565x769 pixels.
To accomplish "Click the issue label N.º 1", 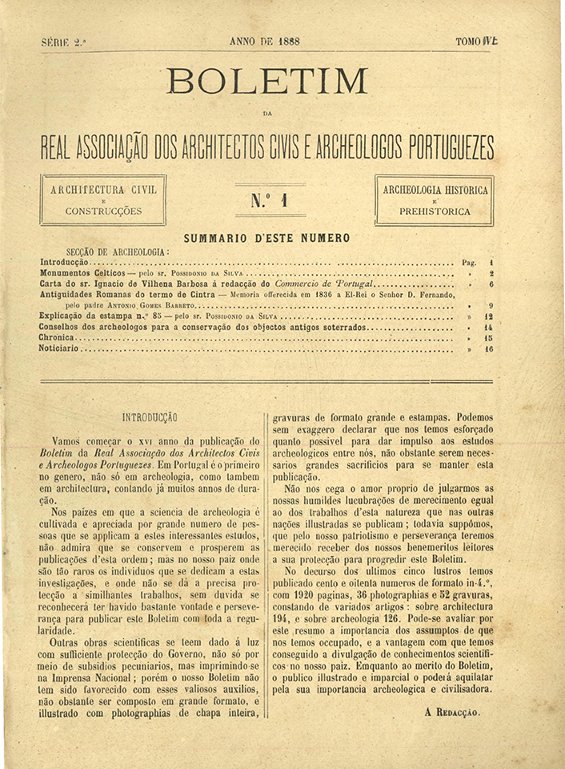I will (x=268, y=200).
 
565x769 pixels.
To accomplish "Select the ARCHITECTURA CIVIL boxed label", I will (x=103, y=199).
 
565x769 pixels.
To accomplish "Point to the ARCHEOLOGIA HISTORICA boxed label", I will (x=435, y=199).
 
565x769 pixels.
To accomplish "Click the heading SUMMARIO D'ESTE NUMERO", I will (x=266, y=238).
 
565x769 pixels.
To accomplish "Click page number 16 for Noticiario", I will (x=489, y=349).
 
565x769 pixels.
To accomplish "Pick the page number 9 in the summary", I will (x=490, y=305).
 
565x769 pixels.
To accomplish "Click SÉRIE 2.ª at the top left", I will (x=62, y=42).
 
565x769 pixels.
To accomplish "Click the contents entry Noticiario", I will (x=60, y=349).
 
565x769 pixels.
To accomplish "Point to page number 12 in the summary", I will (x=488, y=316).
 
